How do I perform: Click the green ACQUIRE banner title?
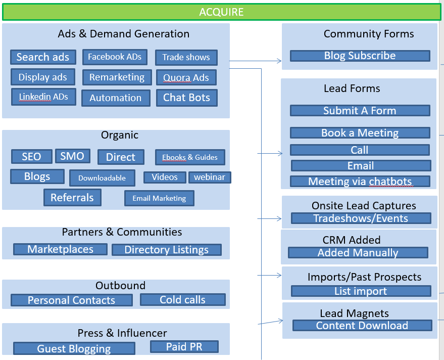click(221, 12)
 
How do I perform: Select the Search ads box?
click(43, 57)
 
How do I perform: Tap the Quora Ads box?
click(186, 78)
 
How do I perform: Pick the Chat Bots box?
click(186, 98)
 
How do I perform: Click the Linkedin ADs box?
click(43, 97)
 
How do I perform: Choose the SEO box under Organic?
click(31, 156)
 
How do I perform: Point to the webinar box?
click(210, 177)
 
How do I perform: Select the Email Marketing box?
click(159, 198)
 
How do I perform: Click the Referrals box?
click(72, 197)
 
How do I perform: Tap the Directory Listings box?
click(166, 250)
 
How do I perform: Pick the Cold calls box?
click(182, 300)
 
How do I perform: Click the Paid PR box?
click(184, 346)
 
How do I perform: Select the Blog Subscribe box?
click(360, 56)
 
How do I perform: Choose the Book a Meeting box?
click(360, 133)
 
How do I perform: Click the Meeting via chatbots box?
click(360, 182)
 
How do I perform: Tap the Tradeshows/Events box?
click(361, 218)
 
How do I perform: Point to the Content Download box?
click(362, 326)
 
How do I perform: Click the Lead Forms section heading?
click(352, 88)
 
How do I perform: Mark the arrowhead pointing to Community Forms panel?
click(279, 61)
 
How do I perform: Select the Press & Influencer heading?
click(122, 333)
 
